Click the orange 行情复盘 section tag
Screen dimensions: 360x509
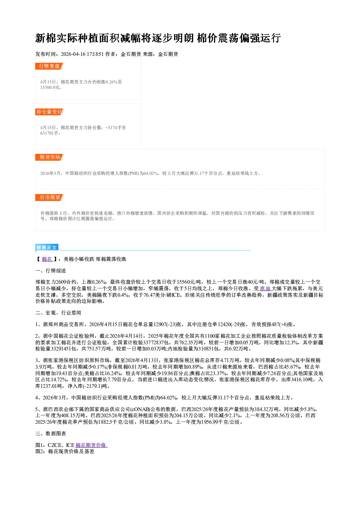(49, 66)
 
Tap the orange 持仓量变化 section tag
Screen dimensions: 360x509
(49, 112)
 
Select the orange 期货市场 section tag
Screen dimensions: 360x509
(49, 157)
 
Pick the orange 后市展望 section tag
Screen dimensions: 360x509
(49, 197)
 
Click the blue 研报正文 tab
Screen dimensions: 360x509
(47, 247)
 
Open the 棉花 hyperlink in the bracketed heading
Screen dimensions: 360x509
(47, 259)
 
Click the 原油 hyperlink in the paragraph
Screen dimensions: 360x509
(265, 288)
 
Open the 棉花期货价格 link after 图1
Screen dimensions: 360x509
(91, 445)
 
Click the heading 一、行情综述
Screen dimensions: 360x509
(51, 271)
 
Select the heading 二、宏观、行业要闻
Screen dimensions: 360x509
(58, 313)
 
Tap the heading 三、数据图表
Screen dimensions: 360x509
(51, 434)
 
